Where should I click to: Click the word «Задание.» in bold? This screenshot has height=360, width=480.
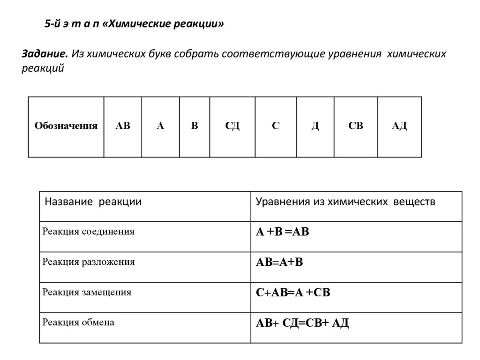[x=45, y=53]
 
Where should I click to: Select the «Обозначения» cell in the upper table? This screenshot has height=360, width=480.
[x=66, y=126]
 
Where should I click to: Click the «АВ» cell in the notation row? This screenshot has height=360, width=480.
[x=123, y=126]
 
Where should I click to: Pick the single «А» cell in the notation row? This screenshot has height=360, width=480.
[x=160, y=126]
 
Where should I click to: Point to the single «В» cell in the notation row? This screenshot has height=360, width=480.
[x=195, y=126]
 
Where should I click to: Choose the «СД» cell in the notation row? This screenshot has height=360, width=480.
[x=232, y=126]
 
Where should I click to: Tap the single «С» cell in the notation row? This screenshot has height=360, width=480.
[x=276, y=126]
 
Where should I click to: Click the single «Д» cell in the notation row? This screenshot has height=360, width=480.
[x=315, y=126]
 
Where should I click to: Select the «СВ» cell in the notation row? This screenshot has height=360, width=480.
[x=355, y=126]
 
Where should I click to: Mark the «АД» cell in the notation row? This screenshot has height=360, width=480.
[x=399, y=126]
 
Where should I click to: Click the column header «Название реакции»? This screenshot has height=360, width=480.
[x=93, y=202]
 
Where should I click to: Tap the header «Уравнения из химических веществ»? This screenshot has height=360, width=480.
[x=345, y=202]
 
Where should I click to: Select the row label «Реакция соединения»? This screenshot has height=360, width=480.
[x=89, y=232]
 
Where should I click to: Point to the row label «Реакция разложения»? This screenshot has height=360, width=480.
[x=89, y=262]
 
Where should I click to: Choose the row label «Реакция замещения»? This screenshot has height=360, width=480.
[x=87, y=292]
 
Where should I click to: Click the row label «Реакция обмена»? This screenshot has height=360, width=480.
[x=78, y=322]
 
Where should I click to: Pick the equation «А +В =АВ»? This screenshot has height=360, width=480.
[x=282, y=232]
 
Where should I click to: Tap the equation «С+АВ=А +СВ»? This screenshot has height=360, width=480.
[x=293, y=293]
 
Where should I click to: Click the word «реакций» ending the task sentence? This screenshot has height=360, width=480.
[x=43, y=69]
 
